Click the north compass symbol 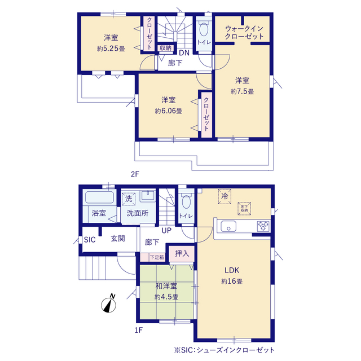[109, 304]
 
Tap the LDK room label [232, 270]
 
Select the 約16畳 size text [232, 281]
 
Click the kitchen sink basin [228, 226]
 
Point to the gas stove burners [263, 226]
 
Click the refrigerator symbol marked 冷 [224, 196]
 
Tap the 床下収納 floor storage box [244, 209]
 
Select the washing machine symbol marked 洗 [129, 199]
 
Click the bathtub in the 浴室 [99, 197]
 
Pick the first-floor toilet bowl [186, 201]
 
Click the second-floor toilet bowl [204, 29]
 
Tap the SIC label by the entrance [90, 240]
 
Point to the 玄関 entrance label [118, 239]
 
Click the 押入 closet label [182, 253]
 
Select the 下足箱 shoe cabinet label [157, 257]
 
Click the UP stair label [166, 231]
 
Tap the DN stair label [184, 52]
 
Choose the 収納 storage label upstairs [165, 48]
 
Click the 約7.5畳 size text [242, 91]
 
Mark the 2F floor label [135, 174]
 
